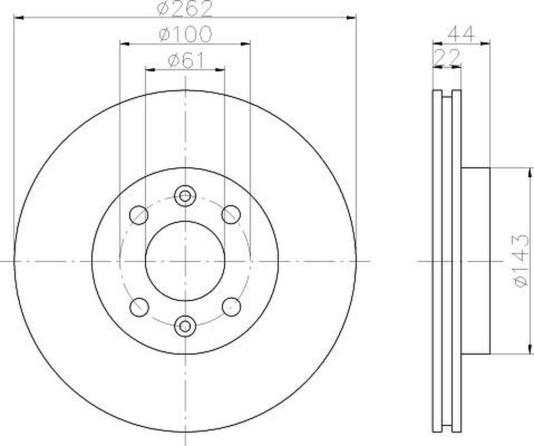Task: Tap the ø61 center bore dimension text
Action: (x=186, y=61)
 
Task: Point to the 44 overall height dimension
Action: (x=461, y=34)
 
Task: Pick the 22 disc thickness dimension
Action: (x=446, y=57)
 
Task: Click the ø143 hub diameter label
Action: (x=522, y=261)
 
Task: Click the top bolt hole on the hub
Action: (x=185, y=196)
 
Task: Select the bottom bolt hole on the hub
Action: (x=185, y=326)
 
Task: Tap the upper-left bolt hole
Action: (x=139, y=215)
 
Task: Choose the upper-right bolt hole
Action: (x=231, y=215)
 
